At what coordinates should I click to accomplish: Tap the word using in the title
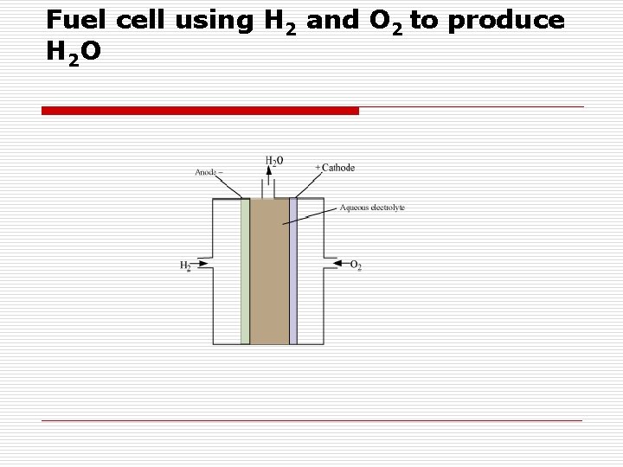[215, 22]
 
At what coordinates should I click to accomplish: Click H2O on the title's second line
[74, 52]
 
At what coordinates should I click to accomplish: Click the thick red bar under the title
[200, 111]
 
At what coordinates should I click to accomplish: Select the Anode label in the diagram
[208, 171]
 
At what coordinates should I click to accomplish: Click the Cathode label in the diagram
[335, 167]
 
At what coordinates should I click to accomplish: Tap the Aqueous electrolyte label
[372, 208]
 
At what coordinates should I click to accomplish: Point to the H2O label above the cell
[273, 160]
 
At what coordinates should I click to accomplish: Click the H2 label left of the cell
[185, 265]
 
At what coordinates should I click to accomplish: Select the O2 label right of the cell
[356, 265]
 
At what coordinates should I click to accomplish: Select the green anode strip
[246, 272]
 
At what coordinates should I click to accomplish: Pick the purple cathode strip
[293, 272]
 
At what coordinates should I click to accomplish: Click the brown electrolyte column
[269, 272]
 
